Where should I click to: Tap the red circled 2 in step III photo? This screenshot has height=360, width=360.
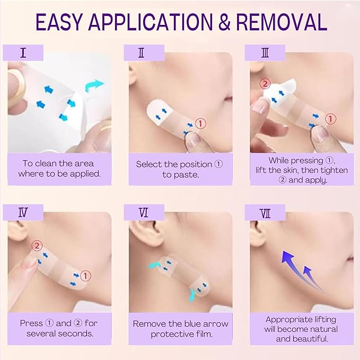click(x=265, y=84)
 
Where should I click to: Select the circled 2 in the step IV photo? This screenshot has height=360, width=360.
click(x=37, y=245)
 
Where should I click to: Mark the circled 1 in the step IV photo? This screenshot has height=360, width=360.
click(x=86, y=275)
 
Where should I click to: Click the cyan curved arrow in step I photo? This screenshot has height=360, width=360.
click(x=95, y=84)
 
